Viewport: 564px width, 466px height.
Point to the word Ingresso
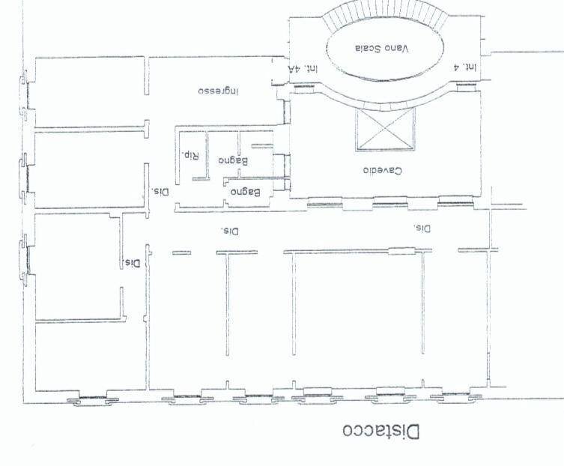[218, 91]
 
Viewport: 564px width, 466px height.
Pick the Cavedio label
[382, 170]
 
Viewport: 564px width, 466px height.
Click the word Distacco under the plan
[383, 432]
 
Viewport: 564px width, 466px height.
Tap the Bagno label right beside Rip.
[233, 160]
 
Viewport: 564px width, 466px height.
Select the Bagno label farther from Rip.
[245, 193]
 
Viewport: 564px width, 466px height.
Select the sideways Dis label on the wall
[133, 263]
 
